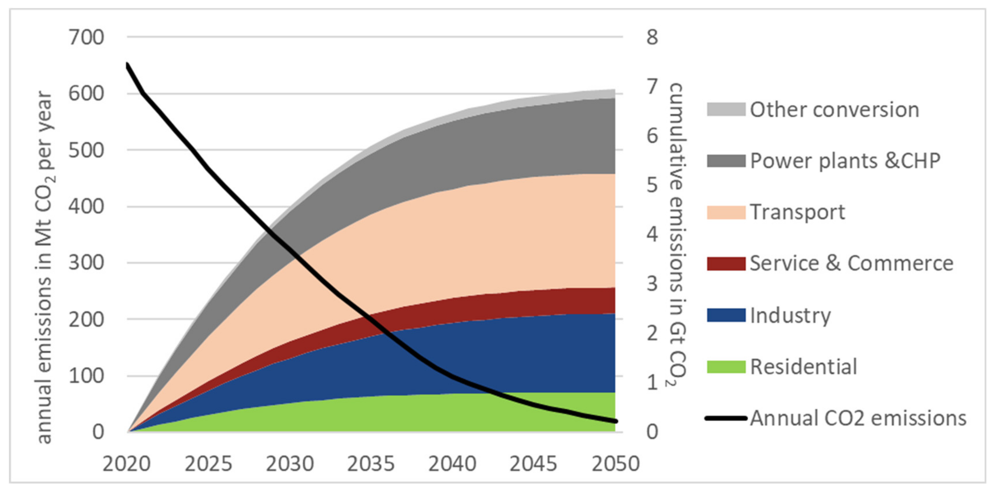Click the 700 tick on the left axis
pyautogui.click(x=86, y=38)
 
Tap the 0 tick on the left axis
pyautogui.click(x=98, y=431)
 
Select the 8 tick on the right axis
pyautogui.click(x=652, y=38)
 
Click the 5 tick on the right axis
pyautogui.click(x=652, y=185)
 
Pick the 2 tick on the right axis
pyautogui.click(x=652, y=333)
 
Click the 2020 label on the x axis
pyautogui.click(x=126, y=464)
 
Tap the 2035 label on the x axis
pyautogui.click(x=371, y=464)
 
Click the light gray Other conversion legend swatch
pyautogui.click(x=726, y=110)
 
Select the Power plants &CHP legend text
pyautogui.click(x=845, y=161)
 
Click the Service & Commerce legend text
pyautogui.click(x=851, y=263)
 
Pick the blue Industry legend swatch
pyautogui.click(x=726, y=315)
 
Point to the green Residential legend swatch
pyautogui.click(x=726, y=367)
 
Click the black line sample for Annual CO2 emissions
pyautogui.click(x=726, y=418)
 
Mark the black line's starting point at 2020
pyautogui.click(x=128, y=64)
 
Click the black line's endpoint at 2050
pyautogui.click(x=615, y=421)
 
